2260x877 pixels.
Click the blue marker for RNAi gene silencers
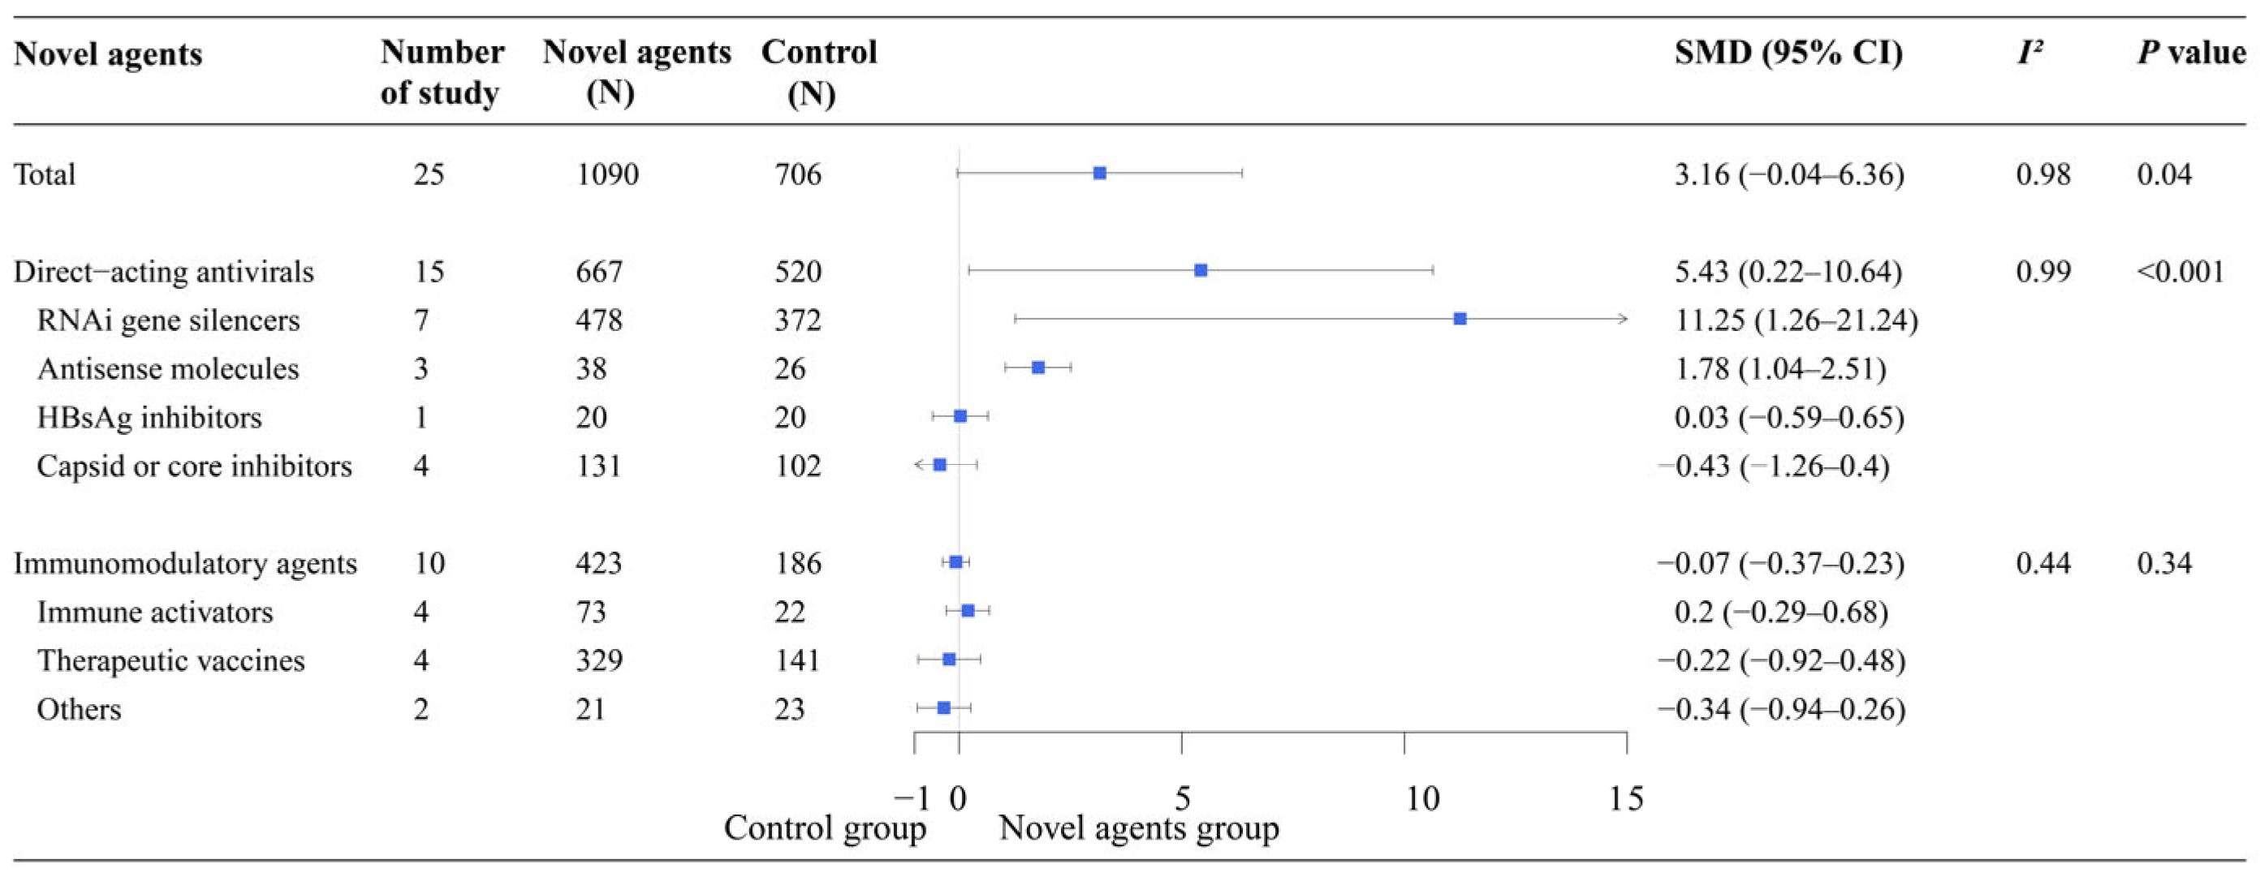coord(1460,318)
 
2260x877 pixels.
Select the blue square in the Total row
coord(1099,173)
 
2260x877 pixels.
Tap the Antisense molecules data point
coord(1038,368)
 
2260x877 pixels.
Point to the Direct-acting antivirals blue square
coord(1201,270)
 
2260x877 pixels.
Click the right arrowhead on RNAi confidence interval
coord(1623,318)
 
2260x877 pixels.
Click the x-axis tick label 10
coord(1422,798)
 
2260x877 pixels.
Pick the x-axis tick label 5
coord(1182,798)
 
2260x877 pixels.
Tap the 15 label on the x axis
coord(1626,798)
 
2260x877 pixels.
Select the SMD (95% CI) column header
coord(1788,53)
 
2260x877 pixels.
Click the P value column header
coord(2191,53)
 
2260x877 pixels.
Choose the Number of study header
coord(442,72)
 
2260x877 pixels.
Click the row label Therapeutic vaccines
coord(170,660)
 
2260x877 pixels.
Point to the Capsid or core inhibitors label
coord(194,466)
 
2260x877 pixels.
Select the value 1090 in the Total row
coord(607,174)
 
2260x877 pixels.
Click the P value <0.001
coord(2180,271)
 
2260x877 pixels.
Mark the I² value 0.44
coord(2042,563)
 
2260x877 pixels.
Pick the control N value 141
coord(796,660)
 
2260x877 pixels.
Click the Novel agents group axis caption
coord(1139,828)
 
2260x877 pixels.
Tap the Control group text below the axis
coord(825,828)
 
